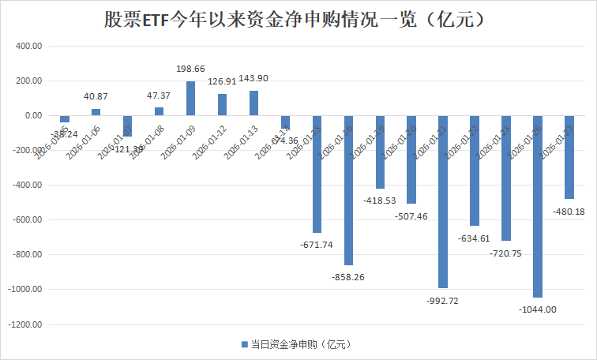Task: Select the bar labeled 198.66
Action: coord(190,98)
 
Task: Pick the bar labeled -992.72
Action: coord(443,201)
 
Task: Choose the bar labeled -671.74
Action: coord(317,174)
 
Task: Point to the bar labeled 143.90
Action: coord(253,103)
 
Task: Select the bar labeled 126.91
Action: coord(222,104)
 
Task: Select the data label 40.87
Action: coord(96,96)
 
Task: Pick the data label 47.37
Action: coord(160,96)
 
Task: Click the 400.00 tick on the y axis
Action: coord(28,46)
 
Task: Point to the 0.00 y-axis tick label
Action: coord(33,115)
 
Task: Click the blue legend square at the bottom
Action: coord(244,344)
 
